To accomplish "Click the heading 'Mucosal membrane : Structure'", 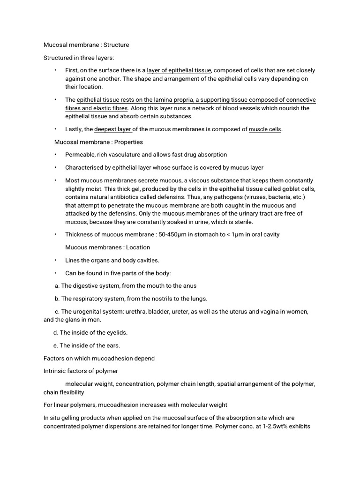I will (x=86, y=45).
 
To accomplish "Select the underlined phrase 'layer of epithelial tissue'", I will (x=179, y=70).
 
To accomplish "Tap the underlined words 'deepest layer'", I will (x=113, y=129).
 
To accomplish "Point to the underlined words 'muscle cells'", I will (x=265, y=129).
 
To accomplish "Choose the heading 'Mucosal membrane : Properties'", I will (x=99, y=142).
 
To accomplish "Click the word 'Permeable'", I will (x=80, y=154).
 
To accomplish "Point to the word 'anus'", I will (x=190, y=285).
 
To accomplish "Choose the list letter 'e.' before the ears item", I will (x=56, y=345).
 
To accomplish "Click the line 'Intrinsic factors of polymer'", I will (x=81, y=371).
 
